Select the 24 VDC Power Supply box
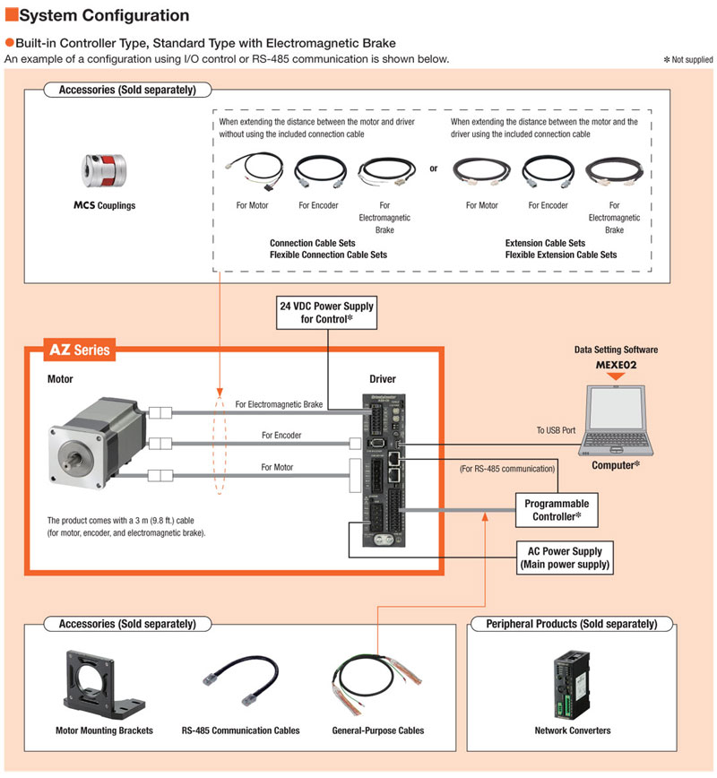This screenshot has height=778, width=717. pyautogui.click(x=326, y=312)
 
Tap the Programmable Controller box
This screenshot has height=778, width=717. pyautogui.click(x=557, y=510)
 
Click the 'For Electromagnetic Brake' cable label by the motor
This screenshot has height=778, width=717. pyautogui.click(x=279, y=404)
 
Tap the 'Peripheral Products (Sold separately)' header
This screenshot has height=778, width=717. pyautogui.click(x=571, y=624)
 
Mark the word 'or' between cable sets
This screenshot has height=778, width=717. pyautogui.click(x=434, y=168)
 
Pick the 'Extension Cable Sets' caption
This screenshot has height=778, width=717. pyautogui.click(x=545, y=243)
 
